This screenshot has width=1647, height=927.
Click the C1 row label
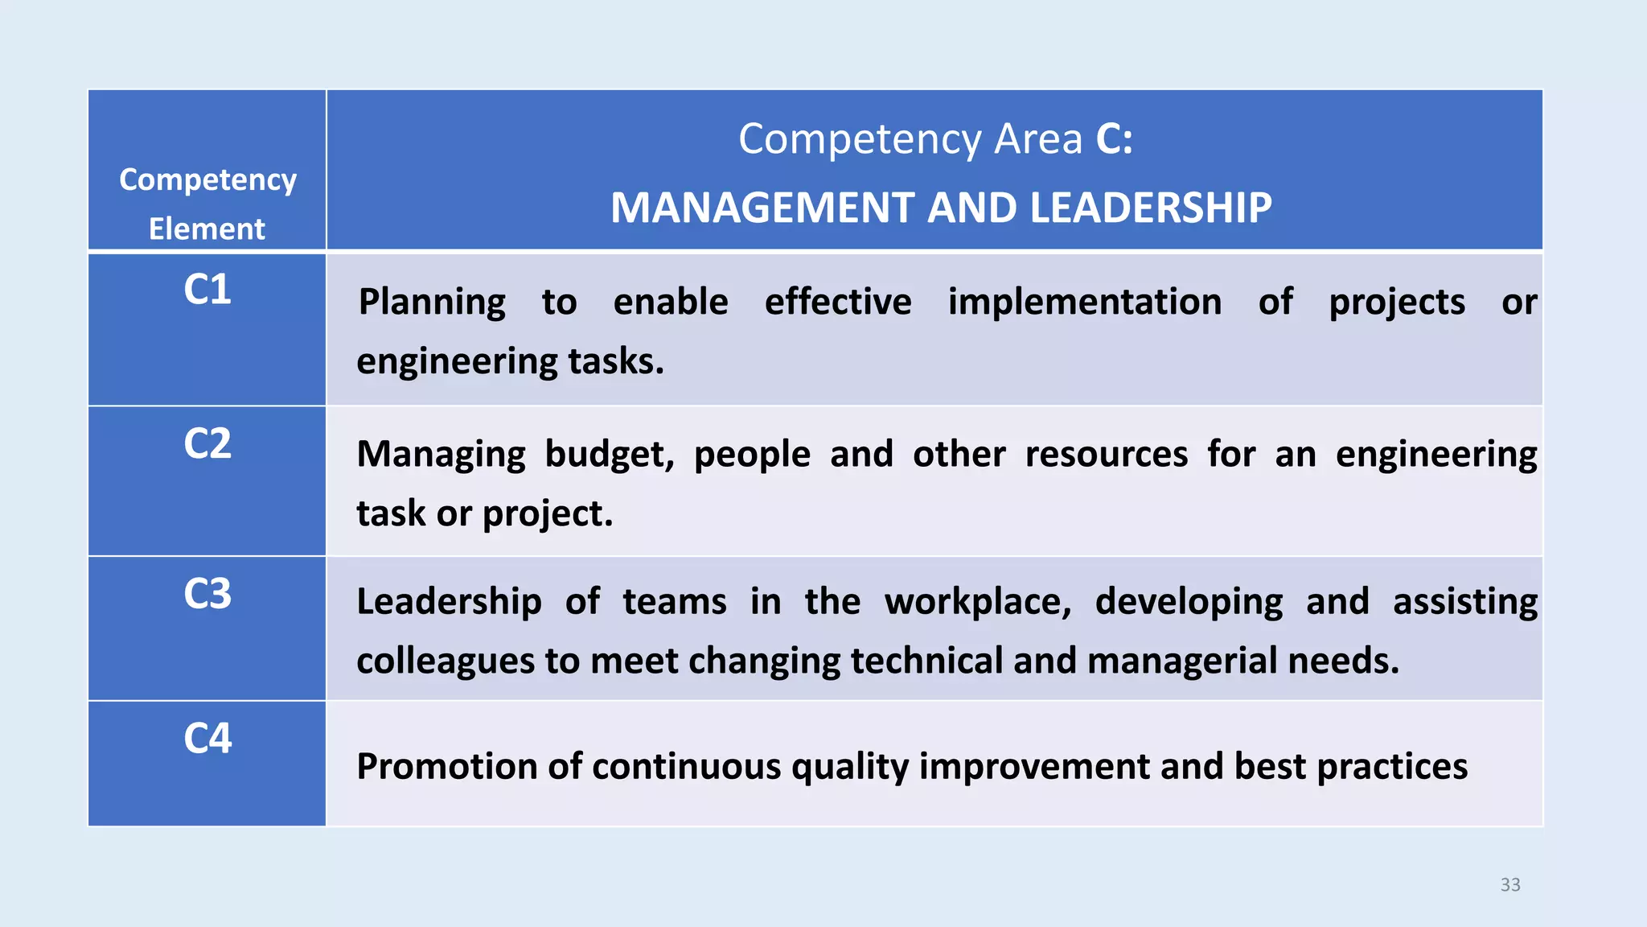click(x=207, y=290)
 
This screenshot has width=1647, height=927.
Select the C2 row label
click(x=207, y=443)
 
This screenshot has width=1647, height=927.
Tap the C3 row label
click(x=207, y=594)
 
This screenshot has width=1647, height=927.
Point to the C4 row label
click(x=207, y=738)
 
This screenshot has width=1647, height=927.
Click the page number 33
click(x=1510, y=885)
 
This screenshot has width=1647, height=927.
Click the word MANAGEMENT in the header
click(x=763, y=208)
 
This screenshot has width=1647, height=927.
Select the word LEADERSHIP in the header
click(x=1151, y=208)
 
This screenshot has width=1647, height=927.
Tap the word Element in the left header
click(x=207, y=229)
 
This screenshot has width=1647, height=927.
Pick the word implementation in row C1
click(x=1085, y=303)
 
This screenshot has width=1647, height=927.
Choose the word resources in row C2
click(x=1107, y=455)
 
